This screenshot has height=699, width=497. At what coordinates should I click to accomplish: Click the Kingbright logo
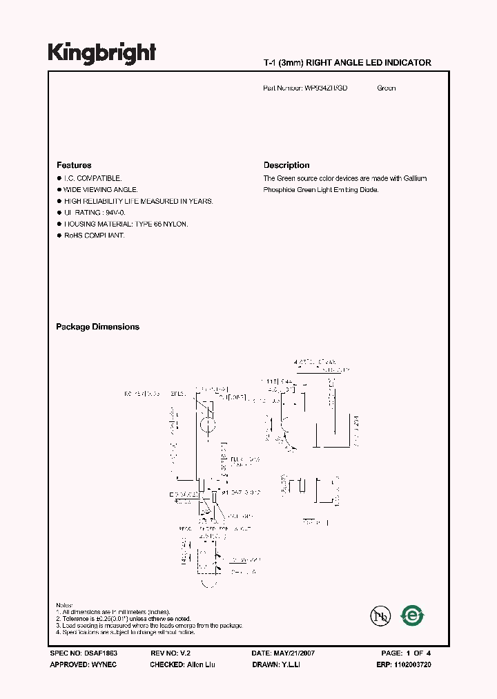click(x=101, y=54)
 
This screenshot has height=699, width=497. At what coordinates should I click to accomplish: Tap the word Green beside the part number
click(x=387, y=88)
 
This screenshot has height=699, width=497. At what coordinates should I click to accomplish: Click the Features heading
click(x=74, y=165)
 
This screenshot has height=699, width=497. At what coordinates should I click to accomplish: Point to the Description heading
click(x=286, y=165)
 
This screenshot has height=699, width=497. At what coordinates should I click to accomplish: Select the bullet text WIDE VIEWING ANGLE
click(x=101, y=189)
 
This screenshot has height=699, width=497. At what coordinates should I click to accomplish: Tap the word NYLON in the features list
click(x=176, y=224)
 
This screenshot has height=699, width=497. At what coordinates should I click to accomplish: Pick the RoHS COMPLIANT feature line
click(x=94, y=236)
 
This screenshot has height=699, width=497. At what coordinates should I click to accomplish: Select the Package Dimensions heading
click(x=97, y=327)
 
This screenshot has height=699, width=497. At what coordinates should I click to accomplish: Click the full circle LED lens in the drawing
click(x=208, y=423)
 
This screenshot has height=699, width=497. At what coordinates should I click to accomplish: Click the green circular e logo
click(x=413, y=615)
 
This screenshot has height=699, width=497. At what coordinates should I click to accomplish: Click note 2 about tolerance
click(x=124, y=619)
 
